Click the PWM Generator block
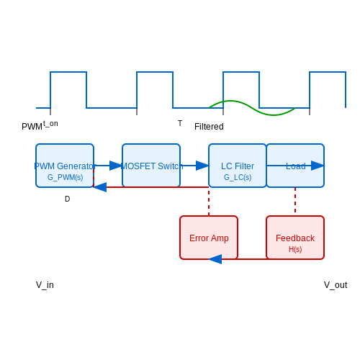click(x=65, y=166)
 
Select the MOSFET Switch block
click(x=151, y=166)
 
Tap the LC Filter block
click(x=238, y=166)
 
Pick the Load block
click(x=295, y=166)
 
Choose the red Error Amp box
click(x=209, y=238)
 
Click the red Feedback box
click(x=295, y=238)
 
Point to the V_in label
click(x=45, y=285)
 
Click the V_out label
click(x=336, y=285)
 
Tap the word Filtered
click(x=209, y=127)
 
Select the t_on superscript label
click(x=50, y=124)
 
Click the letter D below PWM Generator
click(x=68, y=199)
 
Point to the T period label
click(x=180, y=123)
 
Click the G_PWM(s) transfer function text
click(x=66, y=177)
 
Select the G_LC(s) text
click(x=238, y=177)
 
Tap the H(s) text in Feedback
click(x=295, y=249)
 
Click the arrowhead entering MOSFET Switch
click(x=116, y=166)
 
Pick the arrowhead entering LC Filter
click(x=202, y=166)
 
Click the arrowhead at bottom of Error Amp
click(x=215, y=259)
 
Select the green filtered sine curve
click(x=252, y=108)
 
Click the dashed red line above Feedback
click(x=295, y=200)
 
